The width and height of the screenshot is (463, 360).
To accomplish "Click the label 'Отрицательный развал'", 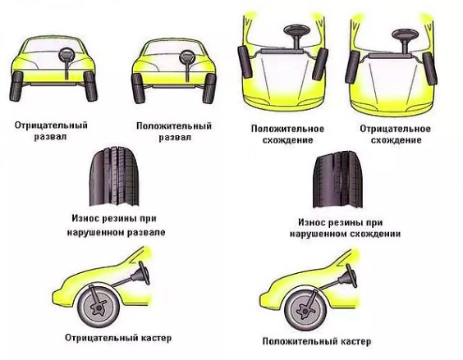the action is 51,130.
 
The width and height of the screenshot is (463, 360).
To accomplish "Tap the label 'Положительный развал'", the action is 174,131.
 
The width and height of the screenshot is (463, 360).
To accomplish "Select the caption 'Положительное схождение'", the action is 287,134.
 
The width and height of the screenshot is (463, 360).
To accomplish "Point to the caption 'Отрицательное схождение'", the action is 396,134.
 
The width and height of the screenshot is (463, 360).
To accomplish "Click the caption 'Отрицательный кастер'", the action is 118,338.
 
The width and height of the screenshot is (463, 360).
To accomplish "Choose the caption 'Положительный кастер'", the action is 317,341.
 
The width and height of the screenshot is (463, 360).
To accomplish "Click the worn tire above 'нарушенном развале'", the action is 114,178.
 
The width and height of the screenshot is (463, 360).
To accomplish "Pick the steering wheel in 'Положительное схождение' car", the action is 296,30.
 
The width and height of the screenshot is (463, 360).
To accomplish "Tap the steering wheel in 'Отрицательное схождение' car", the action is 405,34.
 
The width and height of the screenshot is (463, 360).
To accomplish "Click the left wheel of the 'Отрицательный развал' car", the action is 17,85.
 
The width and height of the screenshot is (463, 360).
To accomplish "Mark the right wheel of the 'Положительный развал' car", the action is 209,89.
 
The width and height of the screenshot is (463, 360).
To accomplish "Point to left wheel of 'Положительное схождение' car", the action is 245,62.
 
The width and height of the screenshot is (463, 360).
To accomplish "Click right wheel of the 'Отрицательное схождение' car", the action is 429,68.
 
